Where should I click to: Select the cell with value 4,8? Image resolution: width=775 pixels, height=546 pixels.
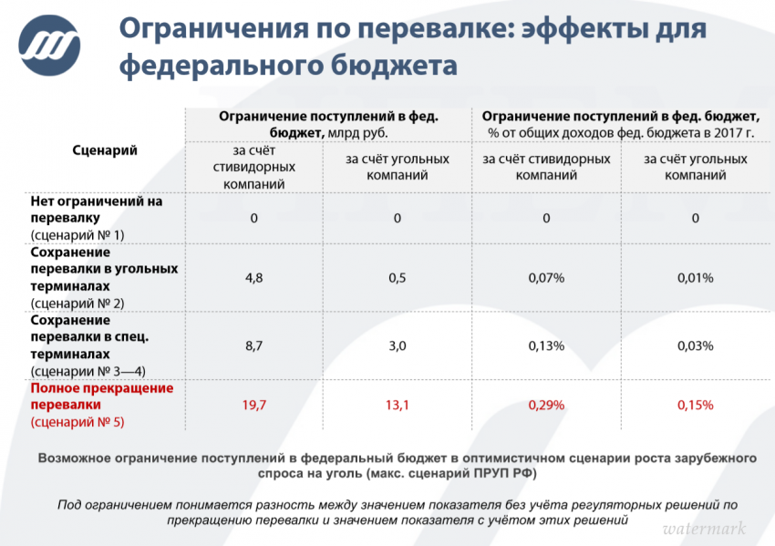click(254, 278)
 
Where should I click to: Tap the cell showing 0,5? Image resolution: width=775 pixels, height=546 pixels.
click(398, 278)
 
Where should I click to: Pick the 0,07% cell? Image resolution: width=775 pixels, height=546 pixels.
click(546, 278)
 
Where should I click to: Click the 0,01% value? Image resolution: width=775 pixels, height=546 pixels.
click(695, 278)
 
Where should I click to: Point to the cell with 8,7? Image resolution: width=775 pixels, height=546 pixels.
click(254, 346)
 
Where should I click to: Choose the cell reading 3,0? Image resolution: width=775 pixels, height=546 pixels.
click(398, 346)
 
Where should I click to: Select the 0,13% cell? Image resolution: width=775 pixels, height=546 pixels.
click(546, 346)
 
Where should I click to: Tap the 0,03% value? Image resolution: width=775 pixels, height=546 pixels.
click(695, 346)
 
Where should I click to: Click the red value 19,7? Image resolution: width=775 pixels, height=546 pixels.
click(254, 405)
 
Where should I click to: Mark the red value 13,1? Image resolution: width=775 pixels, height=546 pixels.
click(398, 405)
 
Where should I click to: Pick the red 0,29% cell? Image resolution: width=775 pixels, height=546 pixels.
click(546, 405)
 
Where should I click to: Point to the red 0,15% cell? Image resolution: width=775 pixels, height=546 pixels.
click(695, 405)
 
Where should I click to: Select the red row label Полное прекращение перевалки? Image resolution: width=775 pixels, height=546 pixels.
click(101, 397)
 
